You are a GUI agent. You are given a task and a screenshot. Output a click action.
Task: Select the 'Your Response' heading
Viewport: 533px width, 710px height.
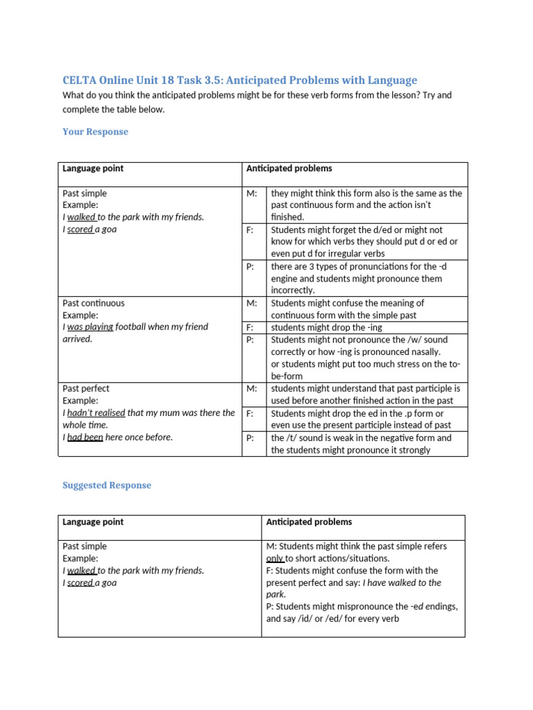pos(95,132)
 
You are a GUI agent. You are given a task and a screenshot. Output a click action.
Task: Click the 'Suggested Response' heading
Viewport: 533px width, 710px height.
pos(106,485)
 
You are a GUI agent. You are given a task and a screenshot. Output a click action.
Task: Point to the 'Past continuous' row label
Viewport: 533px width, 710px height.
pos(94,303)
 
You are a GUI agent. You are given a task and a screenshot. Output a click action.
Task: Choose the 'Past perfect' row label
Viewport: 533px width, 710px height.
pos(85,388)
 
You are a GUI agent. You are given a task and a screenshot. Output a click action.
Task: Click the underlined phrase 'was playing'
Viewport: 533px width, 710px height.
pos(90,327)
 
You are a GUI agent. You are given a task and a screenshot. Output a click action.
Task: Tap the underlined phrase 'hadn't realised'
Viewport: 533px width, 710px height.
pos(96,413)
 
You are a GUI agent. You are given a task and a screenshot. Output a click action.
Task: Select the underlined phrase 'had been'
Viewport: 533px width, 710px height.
pos(85,437)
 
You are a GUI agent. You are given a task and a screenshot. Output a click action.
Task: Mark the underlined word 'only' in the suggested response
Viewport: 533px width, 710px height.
pos(275,558)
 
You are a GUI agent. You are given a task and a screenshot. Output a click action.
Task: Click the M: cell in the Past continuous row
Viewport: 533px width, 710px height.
pos(251,303)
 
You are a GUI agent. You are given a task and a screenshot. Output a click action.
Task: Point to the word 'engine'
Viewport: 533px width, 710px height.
pos(285,278)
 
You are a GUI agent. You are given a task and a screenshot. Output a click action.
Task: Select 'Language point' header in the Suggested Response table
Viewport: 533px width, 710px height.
pos(93,522)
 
